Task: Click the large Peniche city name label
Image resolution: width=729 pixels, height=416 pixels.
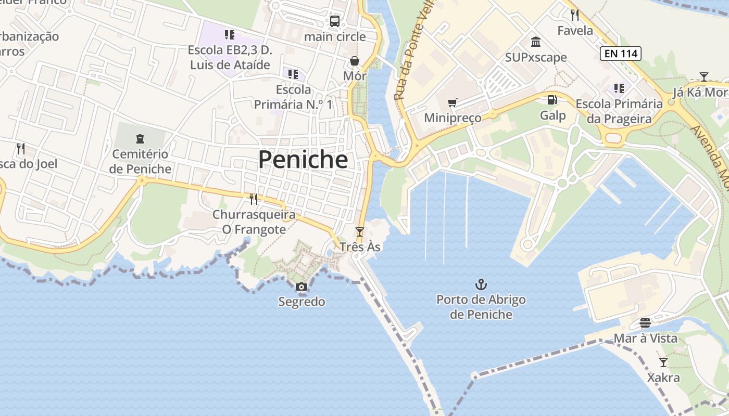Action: [x=303, y=160]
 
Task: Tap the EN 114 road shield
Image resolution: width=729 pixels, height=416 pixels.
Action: [x=620, y=53]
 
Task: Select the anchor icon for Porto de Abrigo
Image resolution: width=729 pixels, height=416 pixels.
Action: [x=481, y=284]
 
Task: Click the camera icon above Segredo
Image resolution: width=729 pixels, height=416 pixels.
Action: [x=301, y=287]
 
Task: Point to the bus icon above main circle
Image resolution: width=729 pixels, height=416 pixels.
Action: [x=335, y=21]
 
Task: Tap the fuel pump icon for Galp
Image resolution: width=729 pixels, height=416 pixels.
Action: [x=552, y=100]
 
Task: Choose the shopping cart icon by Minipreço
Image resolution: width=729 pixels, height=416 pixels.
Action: [x=452, y=103]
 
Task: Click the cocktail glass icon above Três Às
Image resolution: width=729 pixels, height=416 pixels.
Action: [x=359, y=231]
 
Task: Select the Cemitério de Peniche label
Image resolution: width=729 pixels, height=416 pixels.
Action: [x=141, y=162]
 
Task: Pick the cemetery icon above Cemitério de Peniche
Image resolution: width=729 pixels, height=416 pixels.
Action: [x=140, y=139]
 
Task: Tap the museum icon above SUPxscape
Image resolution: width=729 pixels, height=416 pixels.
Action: [x=535, y=42]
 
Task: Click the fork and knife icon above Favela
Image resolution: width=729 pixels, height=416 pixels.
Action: [x=575, y=15]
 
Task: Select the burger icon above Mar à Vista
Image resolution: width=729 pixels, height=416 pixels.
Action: [x=645, y=323]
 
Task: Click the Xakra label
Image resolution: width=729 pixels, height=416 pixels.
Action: [x=663, y=378]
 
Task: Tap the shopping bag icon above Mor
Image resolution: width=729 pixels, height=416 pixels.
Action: [x=355, y=61]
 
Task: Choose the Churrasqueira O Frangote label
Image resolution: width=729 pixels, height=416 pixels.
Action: [x=254, y=222]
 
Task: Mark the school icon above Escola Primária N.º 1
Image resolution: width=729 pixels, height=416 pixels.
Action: [x=293, y=74]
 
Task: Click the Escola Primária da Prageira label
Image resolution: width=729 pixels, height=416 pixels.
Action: [x=619, y=111]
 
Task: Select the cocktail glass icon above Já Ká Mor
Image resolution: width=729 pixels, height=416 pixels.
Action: [x=703, y=77]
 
